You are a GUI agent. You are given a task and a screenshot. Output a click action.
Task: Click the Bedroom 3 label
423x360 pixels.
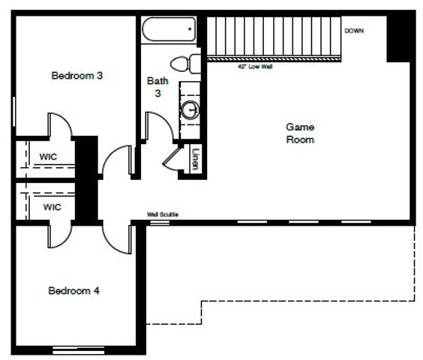coord(77,75)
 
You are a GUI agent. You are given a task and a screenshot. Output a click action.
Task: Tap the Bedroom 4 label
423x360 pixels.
coord(73,290)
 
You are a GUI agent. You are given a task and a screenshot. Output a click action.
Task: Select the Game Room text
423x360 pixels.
coord(300,133)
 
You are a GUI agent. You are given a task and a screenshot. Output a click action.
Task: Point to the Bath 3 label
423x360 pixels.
coord(157,85)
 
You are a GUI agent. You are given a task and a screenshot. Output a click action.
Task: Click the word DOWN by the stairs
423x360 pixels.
coord(354,31)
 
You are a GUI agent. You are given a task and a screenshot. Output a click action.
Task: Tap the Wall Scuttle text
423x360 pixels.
coord(163,215)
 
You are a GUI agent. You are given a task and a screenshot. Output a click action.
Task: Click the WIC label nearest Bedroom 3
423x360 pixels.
coord(49,157)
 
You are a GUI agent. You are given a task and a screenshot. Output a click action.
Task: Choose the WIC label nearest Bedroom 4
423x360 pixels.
coord(51,206)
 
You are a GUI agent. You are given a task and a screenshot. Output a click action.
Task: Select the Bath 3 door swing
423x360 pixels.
coord(157,124)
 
